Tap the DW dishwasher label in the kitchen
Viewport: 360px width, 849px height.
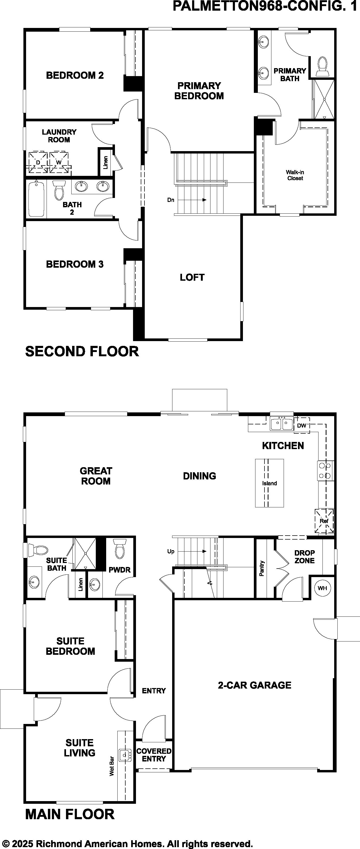(x=301, y=425)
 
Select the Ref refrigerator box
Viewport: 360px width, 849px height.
(x=324, y=521)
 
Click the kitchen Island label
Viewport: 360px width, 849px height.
(x=269, y=483)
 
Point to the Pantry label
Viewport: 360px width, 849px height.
(x=262, y=568)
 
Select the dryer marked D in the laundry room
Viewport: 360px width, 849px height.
(x=38, y=162)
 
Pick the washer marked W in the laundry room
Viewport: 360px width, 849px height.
(x=59, y=162)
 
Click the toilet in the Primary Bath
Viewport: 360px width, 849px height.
(x=322, y=66)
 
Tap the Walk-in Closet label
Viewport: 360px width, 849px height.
(x=295, y=175)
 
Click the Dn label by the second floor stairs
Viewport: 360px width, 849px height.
(x=171, y=200)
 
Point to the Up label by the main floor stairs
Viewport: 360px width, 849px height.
(x=171, y=551)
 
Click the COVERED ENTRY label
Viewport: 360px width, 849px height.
(x=154, y=755)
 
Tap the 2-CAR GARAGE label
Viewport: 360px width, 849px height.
(x=255, y=685)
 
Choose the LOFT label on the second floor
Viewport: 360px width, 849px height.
(x=192, y=277)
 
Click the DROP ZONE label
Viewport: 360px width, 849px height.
(x=305, y=557)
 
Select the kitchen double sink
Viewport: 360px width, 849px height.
(x=282, y=424)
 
